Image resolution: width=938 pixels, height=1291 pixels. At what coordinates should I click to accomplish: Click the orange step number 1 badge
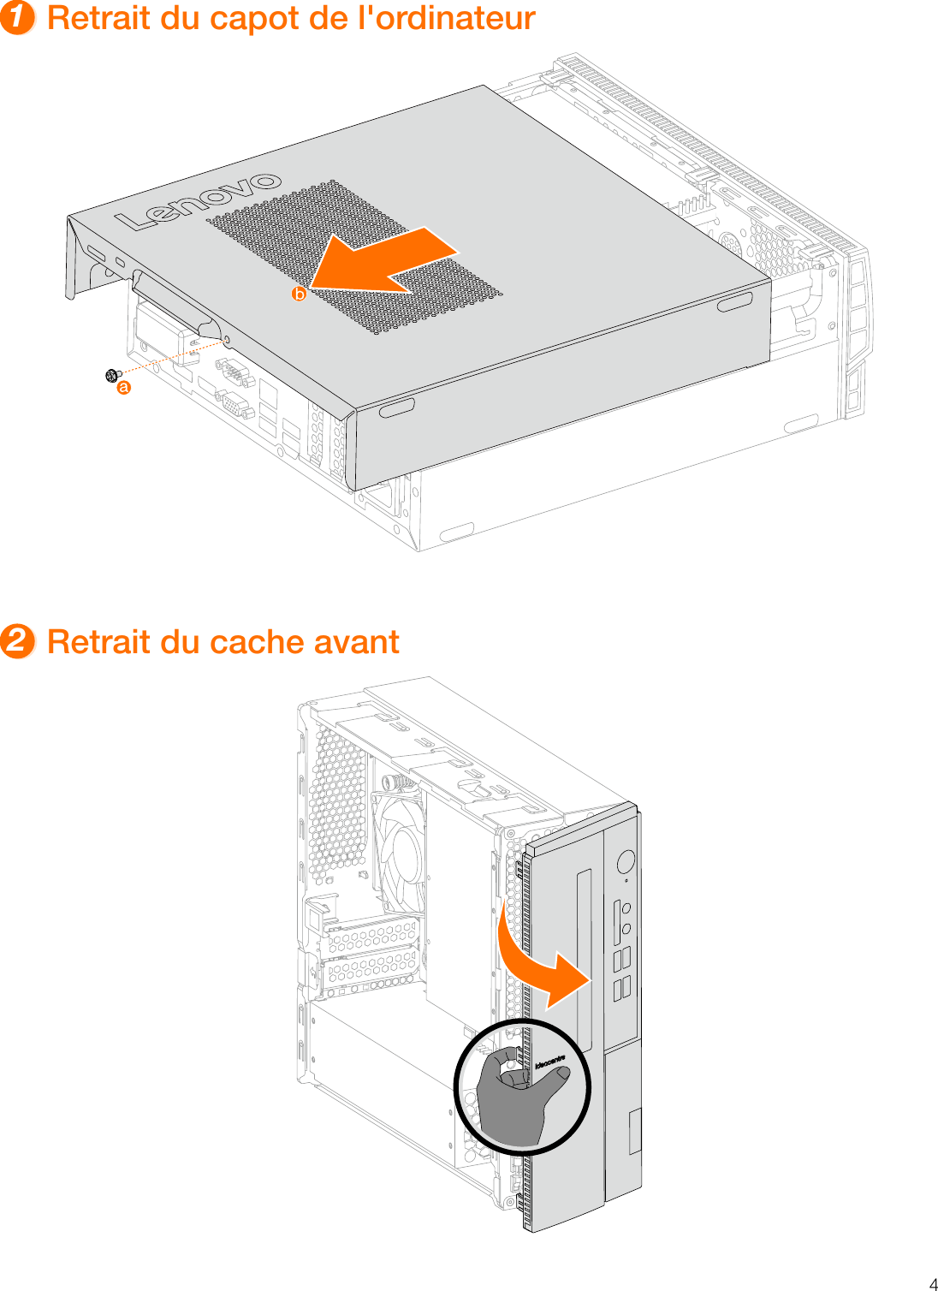coord(17,17)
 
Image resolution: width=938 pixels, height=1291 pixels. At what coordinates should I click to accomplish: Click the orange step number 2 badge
coord(17,641)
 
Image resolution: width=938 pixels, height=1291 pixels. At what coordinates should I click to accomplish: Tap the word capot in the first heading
coord(236,19)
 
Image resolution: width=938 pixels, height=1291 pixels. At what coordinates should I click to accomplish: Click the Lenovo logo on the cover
coord(199,202)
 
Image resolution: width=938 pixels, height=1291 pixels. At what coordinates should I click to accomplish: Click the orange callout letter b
coord(299,294)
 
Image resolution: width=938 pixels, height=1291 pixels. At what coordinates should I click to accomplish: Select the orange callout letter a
coord(124,388)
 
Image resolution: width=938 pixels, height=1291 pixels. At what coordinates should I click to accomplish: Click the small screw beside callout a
coord(111,375)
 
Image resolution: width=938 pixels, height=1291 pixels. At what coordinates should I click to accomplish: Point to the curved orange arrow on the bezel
coord(539,963)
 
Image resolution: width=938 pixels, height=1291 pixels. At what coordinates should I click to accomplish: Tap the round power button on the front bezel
coord(626,860)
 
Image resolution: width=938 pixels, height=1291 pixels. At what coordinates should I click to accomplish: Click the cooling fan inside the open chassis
coord(399,843)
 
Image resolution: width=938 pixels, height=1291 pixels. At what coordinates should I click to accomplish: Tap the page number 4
coord(933,1283)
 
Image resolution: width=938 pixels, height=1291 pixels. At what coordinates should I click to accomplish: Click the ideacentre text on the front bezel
coord(549,1063)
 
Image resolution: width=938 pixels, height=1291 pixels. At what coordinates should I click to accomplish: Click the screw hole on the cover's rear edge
coord(226,342)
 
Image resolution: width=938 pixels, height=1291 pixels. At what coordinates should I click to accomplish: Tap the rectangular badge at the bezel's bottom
coord(634,1132)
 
